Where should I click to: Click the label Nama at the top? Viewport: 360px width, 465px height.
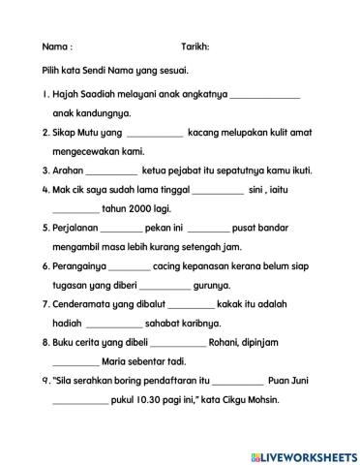point(56,47)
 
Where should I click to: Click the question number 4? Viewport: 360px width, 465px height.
point(46,190)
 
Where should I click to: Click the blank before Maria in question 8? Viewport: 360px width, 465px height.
point(75,362)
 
